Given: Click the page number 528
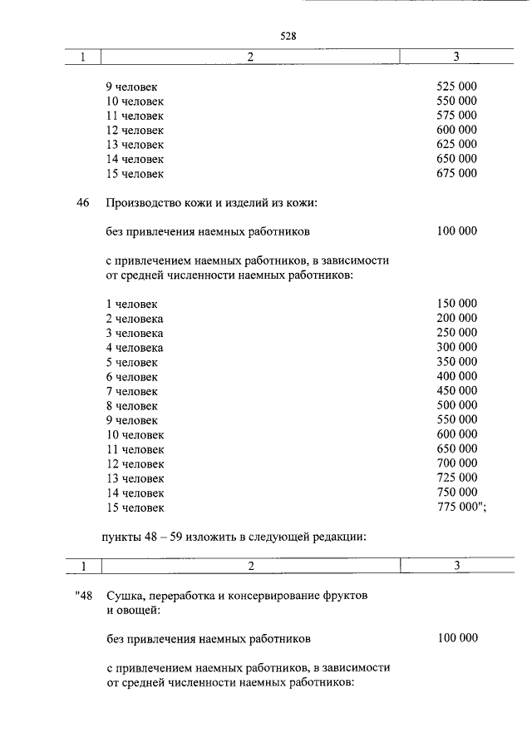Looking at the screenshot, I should click(x=288, y=36).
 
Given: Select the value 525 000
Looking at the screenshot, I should click(x=456, y=87).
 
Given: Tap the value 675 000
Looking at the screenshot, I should click(x=456, y=174).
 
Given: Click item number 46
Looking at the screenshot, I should click(x=82, y=203).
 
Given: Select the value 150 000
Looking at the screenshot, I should click(x=456, y=304).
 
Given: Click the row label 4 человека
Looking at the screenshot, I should click(x=135, y=348).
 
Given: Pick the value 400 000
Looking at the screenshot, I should click(x=456, y=376).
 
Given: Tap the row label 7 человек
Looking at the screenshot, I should click(x=131, y=391).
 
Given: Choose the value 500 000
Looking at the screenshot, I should click(x=456, y=405).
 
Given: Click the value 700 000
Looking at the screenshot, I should click(x=456, y=463).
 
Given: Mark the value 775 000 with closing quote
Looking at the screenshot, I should click(x=461, y=507).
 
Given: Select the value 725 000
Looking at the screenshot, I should click(x=456, y=478).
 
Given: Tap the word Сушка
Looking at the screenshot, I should click(x=124, y=596).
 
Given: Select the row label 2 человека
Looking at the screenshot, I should click(x=135, y=319).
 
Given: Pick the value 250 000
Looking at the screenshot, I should click(x=456, y=333).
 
